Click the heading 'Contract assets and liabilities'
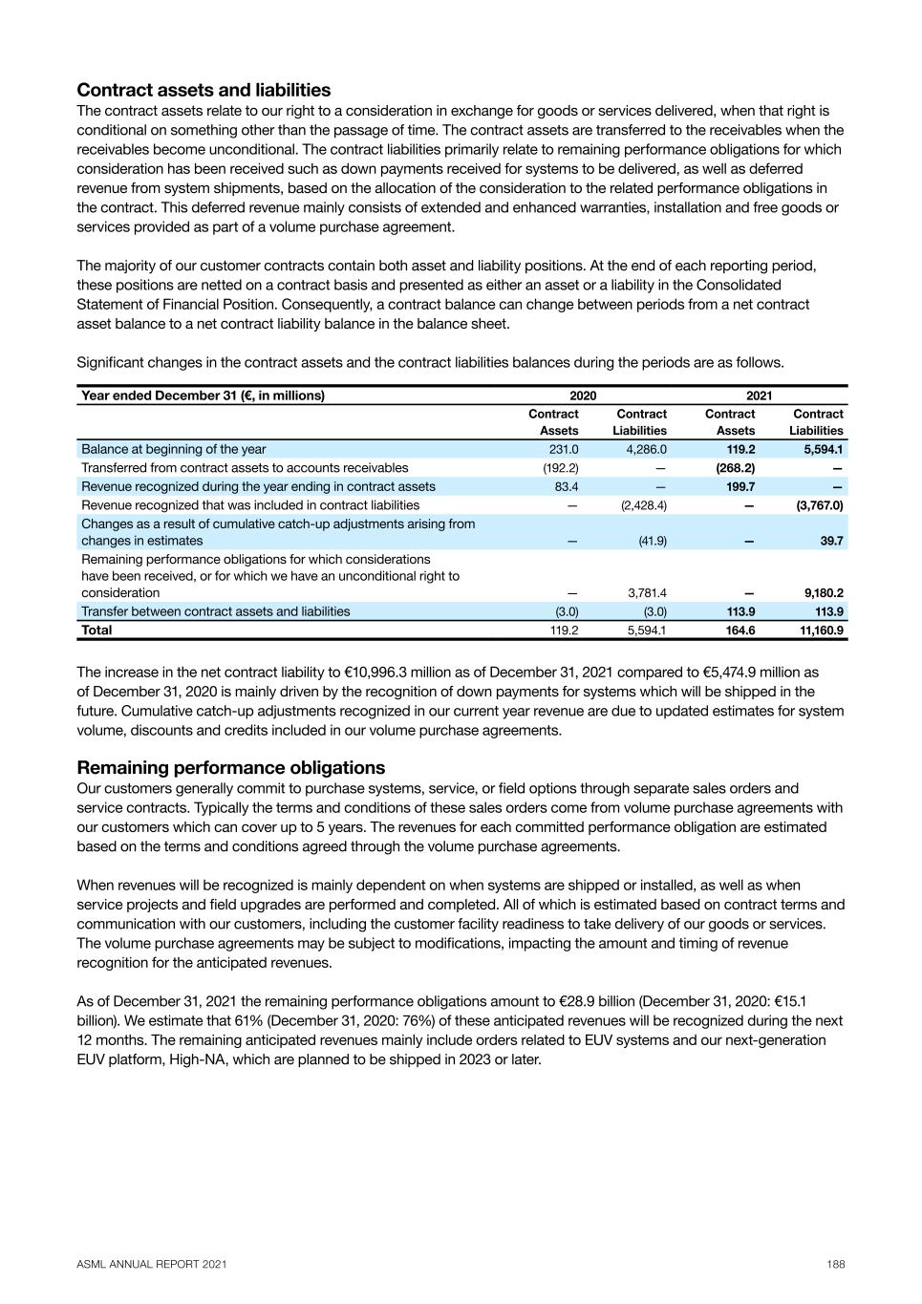click(x=204, y=90)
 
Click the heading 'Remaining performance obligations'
click(x=231, y=768)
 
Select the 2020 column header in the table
click(x=583, y=395)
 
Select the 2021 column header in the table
click(x=760, y=395)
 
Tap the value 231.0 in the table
click(x=564, y=449)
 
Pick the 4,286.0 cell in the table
click(x=646, y=449)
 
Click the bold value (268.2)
click(x=736, y=468)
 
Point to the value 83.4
click(x=567, y=486)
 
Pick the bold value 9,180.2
click(x=823, y=593)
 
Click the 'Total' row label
click(x=96, y=631)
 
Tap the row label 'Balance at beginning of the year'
click(x=174, y=449)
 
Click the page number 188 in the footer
click(x=836, y=1264)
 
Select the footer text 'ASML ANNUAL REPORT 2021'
click(x=152, y=1264)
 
